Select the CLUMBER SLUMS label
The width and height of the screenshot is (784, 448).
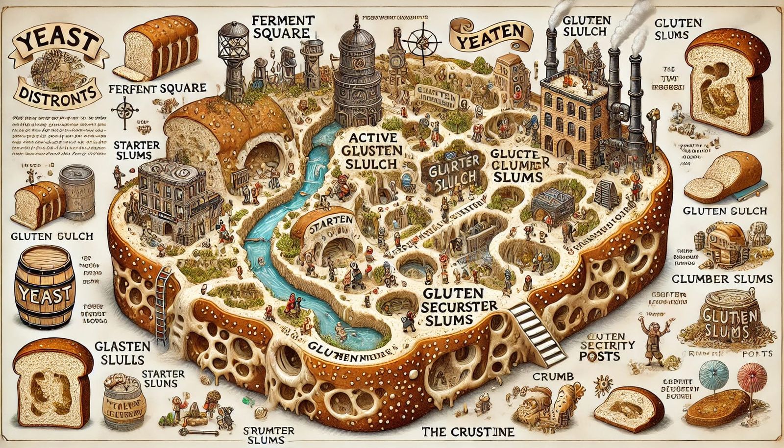point(722,279)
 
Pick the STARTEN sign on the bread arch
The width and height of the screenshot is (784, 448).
point(328,224)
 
